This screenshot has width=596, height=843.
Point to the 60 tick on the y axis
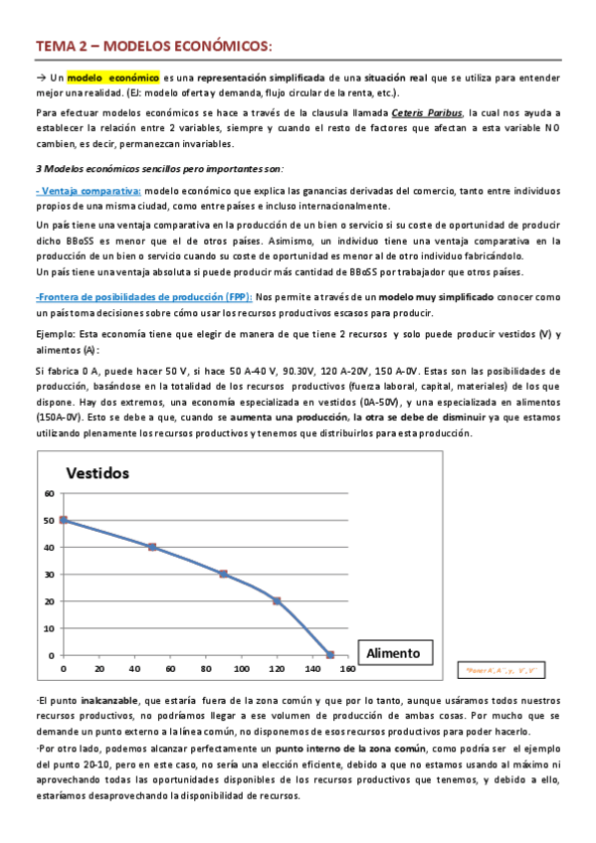50,493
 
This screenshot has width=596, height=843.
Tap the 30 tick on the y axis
50,574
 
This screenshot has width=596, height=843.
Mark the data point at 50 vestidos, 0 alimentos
64,520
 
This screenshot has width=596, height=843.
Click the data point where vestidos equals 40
151,547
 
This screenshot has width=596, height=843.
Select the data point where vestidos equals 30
223,574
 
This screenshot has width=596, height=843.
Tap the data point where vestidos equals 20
277,600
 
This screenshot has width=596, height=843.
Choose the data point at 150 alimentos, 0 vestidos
330,655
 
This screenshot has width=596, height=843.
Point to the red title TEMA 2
66,46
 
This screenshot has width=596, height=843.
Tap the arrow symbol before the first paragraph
42,78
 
